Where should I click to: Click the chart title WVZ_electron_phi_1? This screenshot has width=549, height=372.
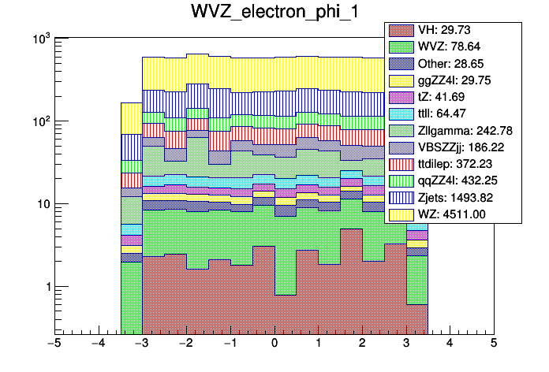(274, 13)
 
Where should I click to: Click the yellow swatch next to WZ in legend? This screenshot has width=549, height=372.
(400, 214)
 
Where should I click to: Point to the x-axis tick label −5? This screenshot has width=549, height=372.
(54, 344)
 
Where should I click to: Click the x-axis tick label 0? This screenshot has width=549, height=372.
(274, 344)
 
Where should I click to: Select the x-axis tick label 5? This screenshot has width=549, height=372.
(494, 344)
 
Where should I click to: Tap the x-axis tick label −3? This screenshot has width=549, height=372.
(142, 344)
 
